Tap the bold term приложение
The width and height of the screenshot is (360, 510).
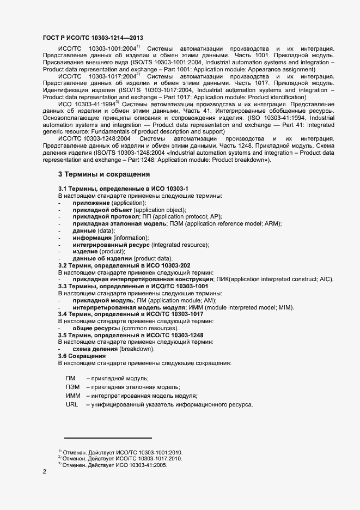click(x=91, y=203)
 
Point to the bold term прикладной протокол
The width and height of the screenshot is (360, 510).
click(x=106, y=217)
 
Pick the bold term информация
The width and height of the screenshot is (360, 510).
click(x=92, y=238)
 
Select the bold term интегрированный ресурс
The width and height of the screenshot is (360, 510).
click(x=111, y=245)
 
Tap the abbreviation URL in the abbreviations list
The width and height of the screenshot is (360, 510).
click(x=72, y=404)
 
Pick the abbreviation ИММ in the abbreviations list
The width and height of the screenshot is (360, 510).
click(x=73, y=396)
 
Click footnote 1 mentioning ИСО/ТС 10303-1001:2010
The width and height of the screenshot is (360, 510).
click(x=121, y=452)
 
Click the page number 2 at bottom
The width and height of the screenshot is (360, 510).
click(x=44, y=471)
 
